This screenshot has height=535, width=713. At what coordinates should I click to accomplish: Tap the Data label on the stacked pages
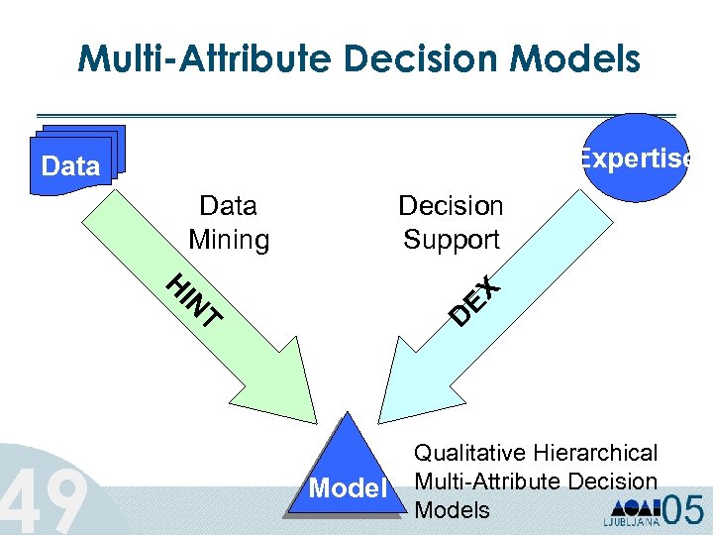(x=71, y=166)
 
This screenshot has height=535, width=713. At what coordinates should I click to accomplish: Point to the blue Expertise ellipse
(x=634, y=159)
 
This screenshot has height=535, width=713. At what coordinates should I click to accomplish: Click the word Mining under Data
(x=229, y=240)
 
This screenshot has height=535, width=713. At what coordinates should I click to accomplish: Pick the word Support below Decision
(x=451, y=240)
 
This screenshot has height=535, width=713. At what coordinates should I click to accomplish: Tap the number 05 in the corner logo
(x=684, y=509)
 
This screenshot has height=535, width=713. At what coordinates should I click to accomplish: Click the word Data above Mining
(x=229, y=206)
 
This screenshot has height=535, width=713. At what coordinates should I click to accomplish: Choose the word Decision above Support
(x=451, y=206)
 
